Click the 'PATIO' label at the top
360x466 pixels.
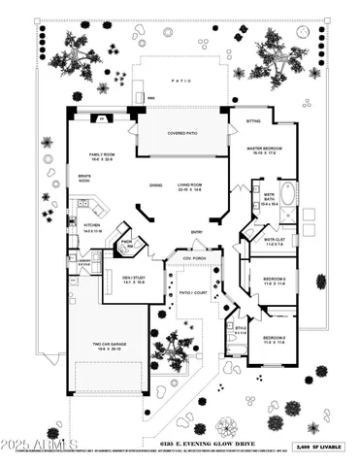[180, 82]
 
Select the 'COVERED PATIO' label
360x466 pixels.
[182, 133]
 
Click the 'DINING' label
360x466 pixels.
[155, 183]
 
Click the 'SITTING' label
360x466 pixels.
[253, 122]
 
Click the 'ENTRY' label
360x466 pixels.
[197, 232]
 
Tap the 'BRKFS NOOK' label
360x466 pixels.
[84, 179]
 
